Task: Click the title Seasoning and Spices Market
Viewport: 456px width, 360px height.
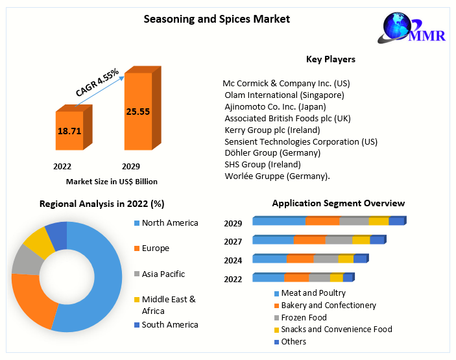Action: [216, 19]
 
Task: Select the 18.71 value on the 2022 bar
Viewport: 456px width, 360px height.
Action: [69, 130]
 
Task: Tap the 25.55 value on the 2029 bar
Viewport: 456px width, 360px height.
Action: [138, 112]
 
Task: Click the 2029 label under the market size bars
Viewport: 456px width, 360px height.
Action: [130, 166]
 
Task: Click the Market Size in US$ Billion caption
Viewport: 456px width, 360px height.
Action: [112, 182]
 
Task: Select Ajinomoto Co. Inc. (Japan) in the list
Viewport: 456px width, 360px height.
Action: [275, 106]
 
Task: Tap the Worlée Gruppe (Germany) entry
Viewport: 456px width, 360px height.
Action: [277, 176]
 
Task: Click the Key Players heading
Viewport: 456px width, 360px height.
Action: [330, 59]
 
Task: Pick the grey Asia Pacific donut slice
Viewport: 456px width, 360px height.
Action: [26, 259]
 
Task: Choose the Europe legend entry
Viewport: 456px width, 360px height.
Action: [156, 248]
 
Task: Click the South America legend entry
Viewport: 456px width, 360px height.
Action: [170, 324]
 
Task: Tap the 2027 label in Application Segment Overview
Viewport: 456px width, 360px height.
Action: [233, 242]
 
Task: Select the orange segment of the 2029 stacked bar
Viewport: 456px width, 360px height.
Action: [322, 221]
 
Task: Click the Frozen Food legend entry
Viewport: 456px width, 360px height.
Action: [304, 317]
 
